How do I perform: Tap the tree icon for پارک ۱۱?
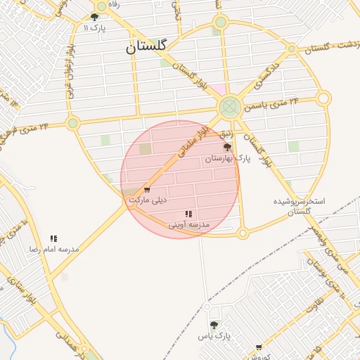(x=95, y=17)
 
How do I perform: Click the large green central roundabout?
(x=229, y=108)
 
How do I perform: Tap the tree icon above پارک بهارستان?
(x=226, y=148)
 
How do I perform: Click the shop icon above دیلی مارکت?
(x=147, y=190)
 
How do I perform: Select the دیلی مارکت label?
(x=146, y=200)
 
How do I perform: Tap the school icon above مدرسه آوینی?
(x=188, y=214)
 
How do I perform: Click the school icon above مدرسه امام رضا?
(x=54, y=238)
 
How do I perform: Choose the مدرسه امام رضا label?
(x=53, y=249)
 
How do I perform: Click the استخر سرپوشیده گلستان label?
(x=300, y=206)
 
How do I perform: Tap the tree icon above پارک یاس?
(x=214, y=325)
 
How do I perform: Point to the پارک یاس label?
(x=214, y=335)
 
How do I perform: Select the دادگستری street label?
(x=251, y=84)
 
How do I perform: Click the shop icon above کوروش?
(x=259, y=346)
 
